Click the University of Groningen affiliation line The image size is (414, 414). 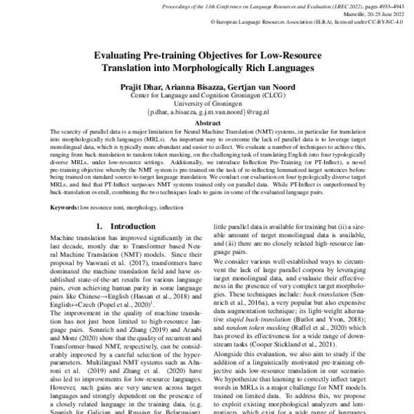(x=208, y=102)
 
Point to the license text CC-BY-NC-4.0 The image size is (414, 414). (x=384, y=21)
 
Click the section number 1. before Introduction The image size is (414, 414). (x=99, y=226)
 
